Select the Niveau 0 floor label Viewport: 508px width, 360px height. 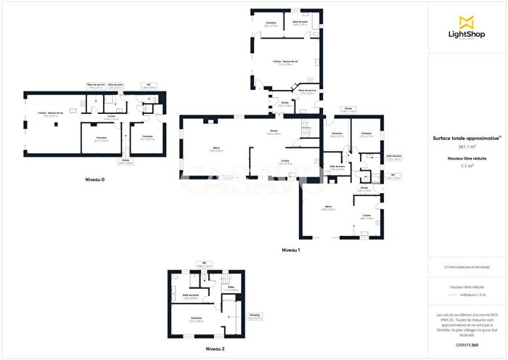pos(94,179)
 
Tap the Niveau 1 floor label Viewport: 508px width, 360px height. pos(291,250)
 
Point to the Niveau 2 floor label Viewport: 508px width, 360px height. pos(214,349)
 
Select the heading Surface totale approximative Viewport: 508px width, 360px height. pos(467,138)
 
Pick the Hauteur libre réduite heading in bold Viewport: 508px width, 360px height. pos(467,158)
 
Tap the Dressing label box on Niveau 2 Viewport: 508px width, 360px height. pos(255,316)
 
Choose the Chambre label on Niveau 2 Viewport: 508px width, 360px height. pos(197,319)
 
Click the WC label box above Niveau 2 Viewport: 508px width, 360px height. pos(205,265)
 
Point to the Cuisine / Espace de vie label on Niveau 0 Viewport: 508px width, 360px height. pos(51,114)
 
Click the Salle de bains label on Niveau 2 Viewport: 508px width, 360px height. pos(190,296)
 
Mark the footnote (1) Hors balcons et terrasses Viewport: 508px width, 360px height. pos(467,267)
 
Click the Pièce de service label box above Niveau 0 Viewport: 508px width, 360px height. pos(96,86)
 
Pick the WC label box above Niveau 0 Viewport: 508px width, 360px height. pos(148,86)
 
